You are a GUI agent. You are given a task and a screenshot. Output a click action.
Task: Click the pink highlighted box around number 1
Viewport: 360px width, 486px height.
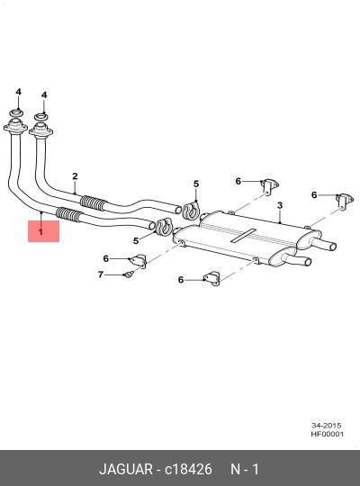click(x=43, y=231)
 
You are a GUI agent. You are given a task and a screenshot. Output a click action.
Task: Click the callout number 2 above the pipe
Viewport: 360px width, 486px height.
click(x=75, y=176)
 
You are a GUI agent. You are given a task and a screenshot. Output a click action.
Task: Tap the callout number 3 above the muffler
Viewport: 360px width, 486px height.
click(x=280, y=205)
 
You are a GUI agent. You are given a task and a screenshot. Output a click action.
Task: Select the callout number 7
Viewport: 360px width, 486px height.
click(x=101, y=274)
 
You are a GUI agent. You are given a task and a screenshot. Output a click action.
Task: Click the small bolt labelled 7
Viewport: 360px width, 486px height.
click(x=129, y=274)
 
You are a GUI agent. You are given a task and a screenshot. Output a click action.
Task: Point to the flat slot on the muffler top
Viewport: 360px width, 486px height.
click(x=244, y=236)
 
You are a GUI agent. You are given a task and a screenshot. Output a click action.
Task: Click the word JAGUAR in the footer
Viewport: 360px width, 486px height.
click(x=126, y=469)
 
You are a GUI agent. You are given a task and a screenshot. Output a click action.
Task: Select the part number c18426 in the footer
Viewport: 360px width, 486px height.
click(x=188, y=469)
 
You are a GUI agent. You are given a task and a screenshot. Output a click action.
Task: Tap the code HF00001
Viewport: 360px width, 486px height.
click(x=328, y=434)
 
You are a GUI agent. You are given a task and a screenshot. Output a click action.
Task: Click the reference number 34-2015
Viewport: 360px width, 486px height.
click(x=327, y=425)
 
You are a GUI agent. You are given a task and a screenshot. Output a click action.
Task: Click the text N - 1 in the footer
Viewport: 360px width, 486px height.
click(x=245, y=469)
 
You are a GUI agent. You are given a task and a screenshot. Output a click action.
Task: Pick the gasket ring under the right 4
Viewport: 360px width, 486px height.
click(x=40, y=117)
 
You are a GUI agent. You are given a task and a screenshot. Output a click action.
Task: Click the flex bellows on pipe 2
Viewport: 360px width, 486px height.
click(x=93, y=202)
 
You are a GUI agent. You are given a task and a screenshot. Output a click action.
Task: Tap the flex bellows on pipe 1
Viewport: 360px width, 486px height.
click(x=68, y=214)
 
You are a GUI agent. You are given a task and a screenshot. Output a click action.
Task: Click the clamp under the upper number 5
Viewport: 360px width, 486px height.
click(x=192, y=210)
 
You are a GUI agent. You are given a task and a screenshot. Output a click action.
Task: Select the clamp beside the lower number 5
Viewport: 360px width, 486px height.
click(x=165, y=226)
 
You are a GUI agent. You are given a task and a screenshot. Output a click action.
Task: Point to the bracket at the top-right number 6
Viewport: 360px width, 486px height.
click(x=344, y=201)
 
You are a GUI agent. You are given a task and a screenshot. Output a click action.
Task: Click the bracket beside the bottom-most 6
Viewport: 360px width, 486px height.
click(x=212, y=278)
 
